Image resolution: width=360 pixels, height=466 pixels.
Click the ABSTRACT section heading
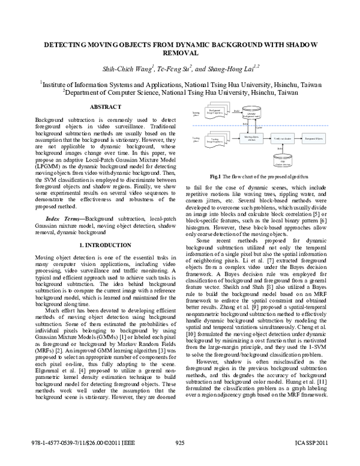point(105,106)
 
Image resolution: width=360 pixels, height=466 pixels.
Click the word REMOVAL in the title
point(180,53)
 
